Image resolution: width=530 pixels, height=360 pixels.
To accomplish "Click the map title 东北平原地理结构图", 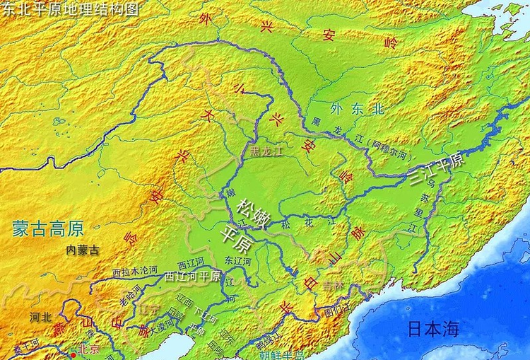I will pos(71,9).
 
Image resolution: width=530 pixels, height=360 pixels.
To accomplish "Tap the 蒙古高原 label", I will pos(47,228).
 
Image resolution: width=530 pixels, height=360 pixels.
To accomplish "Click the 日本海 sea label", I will pos(433,328).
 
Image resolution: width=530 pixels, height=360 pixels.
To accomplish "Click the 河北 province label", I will pos(40,317).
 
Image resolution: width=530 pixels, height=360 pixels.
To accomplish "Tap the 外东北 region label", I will pos(357,109).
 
